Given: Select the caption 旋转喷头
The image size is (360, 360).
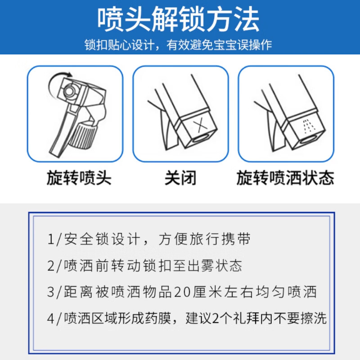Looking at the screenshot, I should (x=79, y=179).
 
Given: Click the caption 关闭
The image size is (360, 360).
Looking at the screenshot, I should (x=180, y=179).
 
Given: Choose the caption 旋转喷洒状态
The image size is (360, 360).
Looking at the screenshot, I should (x=285, y=179).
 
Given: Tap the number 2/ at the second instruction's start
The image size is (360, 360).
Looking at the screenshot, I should (x=54, y=265).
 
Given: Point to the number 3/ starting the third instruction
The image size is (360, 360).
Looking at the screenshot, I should (x=54, y=292).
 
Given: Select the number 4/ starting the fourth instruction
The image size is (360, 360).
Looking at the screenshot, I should (x=54, y=318).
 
